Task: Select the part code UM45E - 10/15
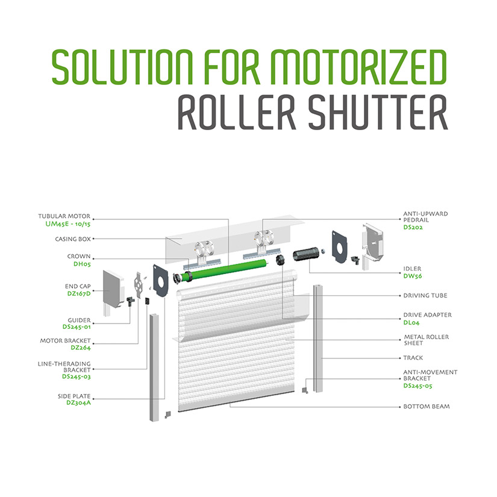point(68,223)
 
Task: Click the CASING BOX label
point(73,239)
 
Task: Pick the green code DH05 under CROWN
point(82,264)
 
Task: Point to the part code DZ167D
point(79,293)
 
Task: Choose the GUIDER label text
point(80,320)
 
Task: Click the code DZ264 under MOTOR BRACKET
point(81,348)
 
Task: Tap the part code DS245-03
point(77,377)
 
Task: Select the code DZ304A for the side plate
point(78,402)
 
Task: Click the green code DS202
point(413,227)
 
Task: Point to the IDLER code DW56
point(413,276)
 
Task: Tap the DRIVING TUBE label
point(425,295)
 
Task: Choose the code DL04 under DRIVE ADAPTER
point(411,323)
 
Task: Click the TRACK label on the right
point(413,357)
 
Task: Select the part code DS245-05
point(417,386)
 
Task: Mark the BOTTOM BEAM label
point(427,407)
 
